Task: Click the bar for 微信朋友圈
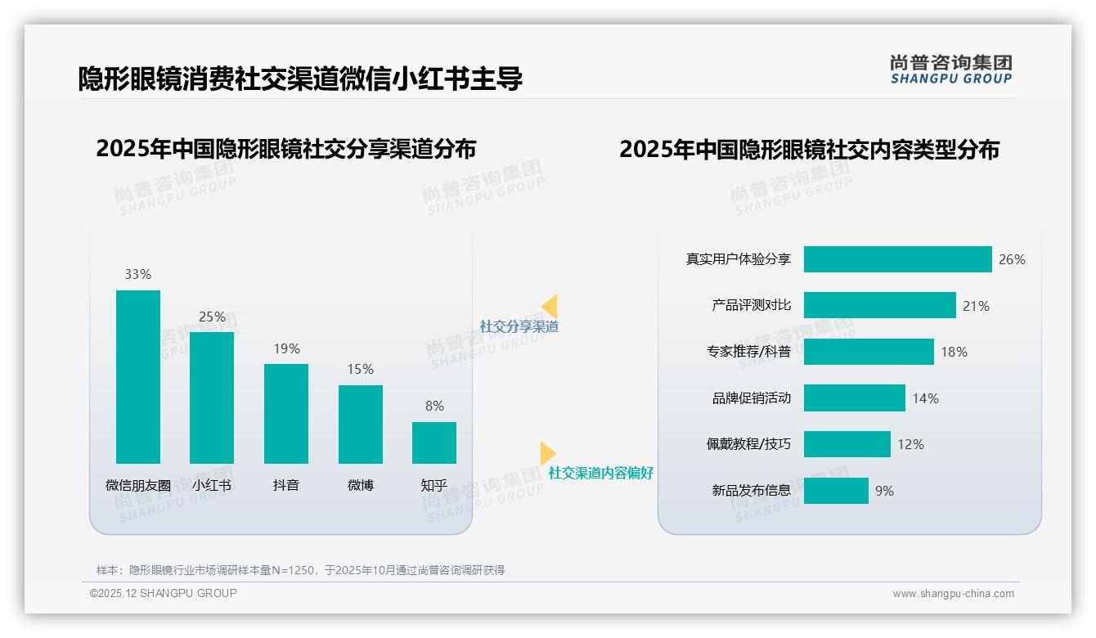click(138, 377)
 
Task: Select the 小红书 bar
click(212, 398)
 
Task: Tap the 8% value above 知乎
click(434, 406)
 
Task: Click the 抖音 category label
click(286, 485)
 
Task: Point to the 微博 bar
click(361, 425)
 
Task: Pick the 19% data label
click(286, 348)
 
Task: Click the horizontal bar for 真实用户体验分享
click(897, 259)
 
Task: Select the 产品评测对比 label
click(751, 305)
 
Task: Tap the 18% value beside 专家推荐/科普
click(954, 352)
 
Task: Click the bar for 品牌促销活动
click(854, 398)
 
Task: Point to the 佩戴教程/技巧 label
click(748, 444)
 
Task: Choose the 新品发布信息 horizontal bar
click(836, 491)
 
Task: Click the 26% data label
click(1012, 259)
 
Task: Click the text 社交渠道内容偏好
click(600, 474)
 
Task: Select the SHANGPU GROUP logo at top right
click(950, 70)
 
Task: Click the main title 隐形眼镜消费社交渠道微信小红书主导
click(300, 79)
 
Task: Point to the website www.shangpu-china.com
click(953, 594)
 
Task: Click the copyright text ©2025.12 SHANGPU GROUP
click(164, 593)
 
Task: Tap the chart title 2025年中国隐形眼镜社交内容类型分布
click(809, 150)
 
